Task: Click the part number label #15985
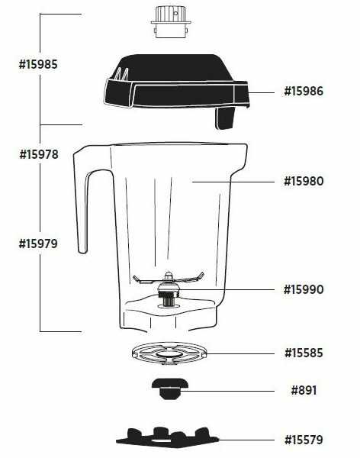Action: pyautogui.click(x=38, y=64)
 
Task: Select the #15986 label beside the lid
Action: pyautogui.click(x=304, y=91)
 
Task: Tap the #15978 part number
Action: pyautogui.click(x=39, y=154)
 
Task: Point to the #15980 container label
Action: pyautogui.click(x=304, y=181)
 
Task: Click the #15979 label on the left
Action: pyautogui.click(x=38, y=244)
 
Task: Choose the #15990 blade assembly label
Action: pyautogui.click(x=304, y=289)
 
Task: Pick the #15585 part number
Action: pyautogui.click(x=304, y=353)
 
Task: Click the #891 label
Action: pyautogui.click(x=304, y=390)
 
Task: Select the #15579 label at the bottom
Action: pyautogui.click(x=304, y=440)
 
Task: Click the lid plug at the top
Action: pyautogui.click(x=171, y=21)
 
